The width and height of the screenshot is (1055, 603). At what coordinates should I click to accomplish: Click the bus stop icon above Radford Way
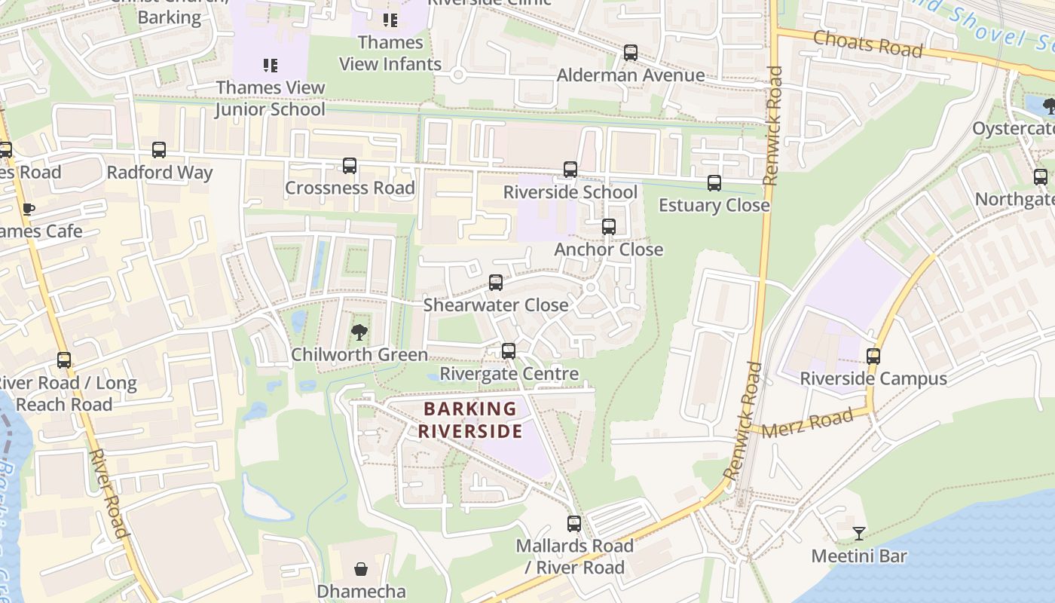click(159, 150)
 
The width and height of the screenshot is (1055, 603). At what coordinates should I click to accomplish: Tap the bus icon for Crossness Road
click(350, 166)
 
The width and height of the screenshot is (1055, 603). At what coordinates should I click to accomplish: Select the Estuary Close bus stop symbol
click(714, 183)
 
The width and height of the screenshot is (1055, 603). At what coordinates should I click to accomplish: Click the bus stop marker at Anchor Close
click(608, 227)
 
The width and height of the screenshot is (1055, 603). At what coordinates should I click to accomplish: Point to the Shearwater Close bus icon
click(496, 283)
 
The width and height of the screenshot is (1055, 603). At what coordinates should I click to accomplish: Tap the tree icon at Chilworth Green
click(359, 332)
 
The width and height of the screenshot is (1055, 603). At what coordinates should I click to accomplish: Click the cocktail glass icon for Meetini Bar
click(859, 534)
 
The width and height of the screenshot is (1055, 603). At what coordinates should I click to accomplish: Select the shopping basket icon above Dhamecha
click(362, 569)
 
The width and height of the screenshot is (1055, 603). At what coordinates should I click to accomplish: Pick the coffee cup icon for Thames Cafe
click(29, 209)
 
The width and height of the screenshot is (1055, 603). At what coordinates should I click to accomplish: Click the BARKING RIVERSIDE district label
click(470, 421)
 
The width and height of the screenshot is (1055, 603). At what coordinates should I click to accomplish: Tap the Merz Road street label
click(807, 424)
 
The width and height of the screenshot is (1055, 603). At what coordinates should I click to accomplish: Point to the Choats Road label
click(867, 44)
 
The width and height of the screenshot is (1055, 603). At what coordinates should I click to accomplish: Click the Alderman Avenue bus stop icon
click(631, 53)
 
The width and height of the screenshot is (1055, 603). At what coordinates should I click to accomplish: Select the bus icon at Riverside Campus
click(873, 356)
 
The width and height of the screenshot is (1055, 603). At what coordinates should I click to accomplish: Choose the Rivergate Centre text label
click(509, 374)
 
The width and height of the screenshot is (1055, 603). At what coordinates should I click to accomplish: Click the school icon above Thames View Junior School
click(271, 66)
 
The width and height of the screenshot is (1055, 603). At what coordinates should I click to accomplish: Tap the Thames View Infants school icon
click(390, 20)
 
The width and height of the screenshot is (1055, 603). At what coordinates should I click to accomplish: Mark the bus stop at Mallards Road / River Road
click(574, 524)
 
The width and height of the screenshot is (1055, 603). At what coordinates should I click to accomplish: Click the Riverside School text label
click(570, 192)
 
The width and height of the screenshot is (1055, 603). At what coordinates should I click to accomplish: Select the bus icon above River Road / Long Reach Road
click(64, 360)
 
